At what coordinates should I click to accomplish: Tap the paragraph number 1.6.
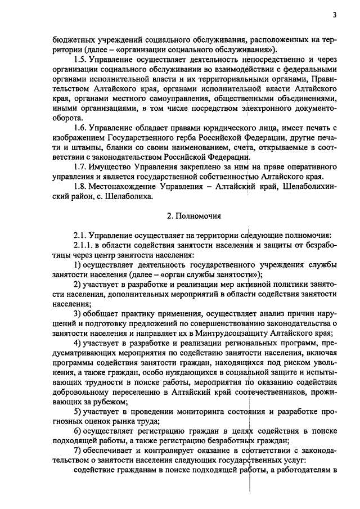click(81, 129)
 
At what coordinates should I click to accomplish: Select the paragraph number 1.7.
click(81, 168)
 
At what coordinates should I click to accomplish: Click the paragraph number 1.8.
click(81, 187)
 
